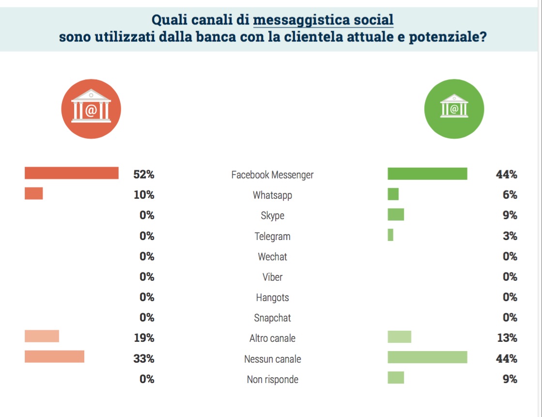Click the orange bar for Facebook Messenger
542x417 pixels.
[72, 173]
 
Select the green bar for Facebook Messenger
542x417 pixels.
[427, 174]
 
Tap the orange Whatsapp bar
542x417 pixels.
[34, 193]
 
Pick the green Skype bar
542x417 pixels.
[396, 214]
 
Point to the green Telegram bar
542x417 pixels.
[390, 235]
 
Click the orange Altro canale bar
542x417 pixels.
[42, 336]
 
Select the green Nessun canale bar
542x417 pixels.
[427, 357]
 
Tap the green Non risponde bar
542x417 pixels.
[396, 377]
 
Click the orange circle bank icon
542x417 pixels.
[91, 109]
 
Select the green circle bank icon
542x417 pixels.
[454, 108]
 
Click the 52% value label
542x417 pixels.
[144, 174]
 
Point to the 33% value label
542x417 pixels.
[144, 359]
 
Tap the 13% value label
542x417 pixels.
[507, 338]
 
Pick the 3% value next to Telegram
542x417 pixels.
[510, 236]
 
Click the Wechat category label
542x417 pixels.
[272, 257]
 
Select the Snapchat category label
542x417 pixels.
[272, 318]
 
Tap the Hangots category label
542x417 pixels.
[272, 298]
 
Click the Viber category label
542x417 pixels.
[272, 277]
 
